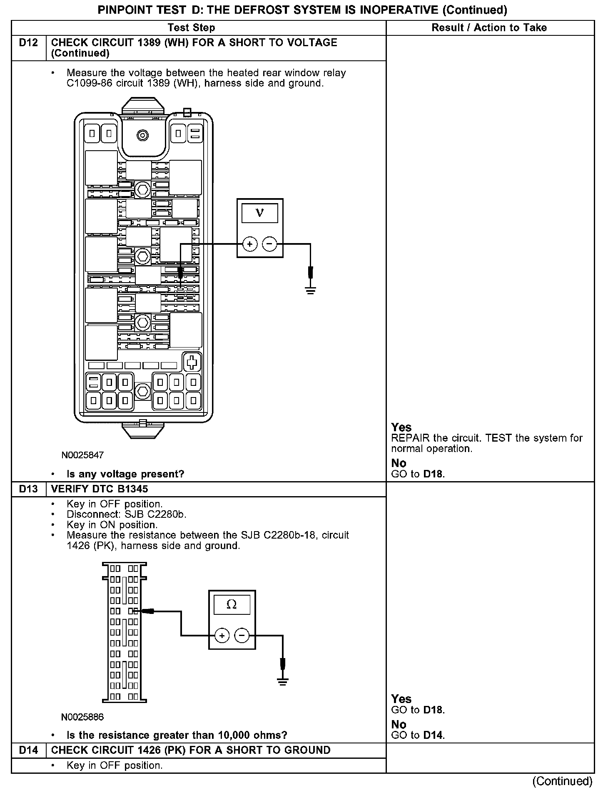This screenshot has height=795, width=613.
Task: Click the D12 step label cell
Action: [x=28, y=43]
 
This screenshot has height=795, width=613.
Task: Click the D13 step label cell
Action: [x=28, y=489]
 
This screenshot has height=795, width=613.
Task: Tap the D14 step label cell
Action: [x=28, y=750]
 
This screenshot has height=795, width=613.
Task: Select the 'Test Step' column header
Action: [x=191, y=28]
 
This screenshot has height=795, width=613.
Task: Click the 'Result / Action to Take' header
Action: [x=489, y=28]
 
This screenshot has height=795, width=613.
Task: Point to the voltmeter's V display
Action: [x=259, y=213]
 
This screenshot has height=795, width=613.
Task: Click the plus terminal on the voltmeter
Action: [x=249, y=244]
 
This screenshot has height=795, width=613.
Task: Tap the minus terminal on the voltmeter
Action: [x=270, y=244]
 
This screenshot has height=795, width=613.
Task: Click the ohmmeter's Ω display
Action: [x=232, y=604]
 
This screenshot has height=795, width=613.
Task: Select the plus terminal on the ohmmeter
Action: [x=222, y=636]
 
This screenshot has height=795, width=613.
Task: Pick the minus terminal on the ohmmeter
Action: [x=242, y=636]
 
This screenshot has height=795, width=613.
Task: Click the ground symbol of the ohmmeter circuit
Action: [x=283, y=681]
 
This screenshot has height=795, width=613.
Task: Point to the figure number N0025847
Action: [x=82, y=455]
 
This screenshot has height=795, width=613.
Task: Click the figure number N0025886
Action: [x=82, y=717]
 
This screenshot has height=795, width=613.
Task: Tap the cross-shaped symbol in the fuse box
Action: [x=192, y=363]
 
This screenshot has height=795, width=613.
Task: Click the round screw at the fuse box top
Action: [x=143, y=135]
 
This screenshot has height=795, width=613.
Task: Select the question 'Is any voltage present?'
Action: [x=125, y=474]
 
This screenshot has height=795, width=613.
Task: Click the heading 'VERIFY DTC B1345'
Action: [x=100, y=489]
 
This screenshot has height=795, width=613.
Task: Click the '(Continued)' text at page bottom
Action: [x=562, y=781]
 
